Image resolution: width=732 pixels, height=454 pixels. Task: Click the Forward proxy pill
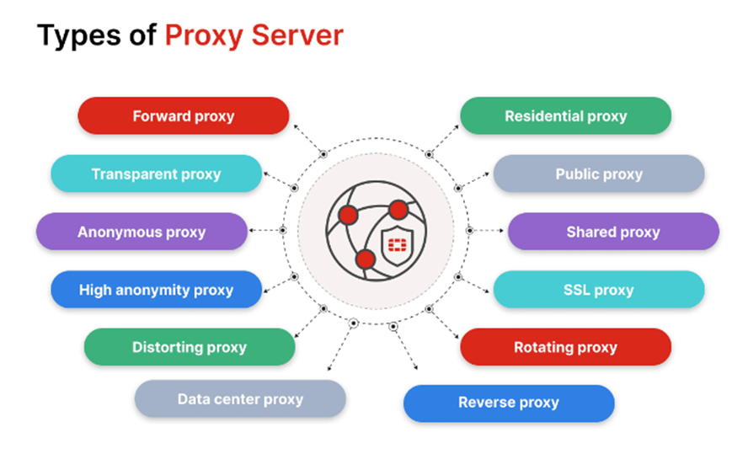[183, 116]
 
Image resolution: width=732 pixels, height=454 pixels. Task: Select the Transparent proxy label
[156, 174]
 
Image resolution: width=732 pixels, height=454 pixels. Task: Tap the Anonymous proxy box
[142, 232]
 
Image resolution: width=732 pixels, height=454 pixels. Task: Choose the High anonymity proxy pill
[156, 290]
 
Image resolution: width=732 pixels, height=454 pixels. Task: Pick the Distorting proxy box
[190, 347]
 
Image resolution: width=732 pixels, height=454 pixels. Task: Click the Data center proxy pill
[240, 399]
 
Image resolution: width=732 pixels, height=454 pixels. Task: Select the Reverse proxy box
[509, 403]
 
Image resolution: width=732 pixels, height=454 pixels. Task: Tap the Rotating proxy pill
[565, 347]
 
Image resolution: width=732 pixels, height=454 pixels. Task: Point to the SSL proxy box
[598, 290]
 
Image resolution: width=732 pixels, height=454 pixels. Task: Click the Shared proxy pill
[613, 232]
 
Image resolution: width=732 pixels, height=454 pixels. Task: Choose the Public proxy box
[598, 174]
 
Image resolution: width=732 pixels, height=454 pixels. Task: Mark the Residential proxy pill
[565, 116]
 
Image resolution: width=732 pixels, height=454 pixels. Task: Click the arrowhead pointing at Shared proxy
[502, 230]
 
